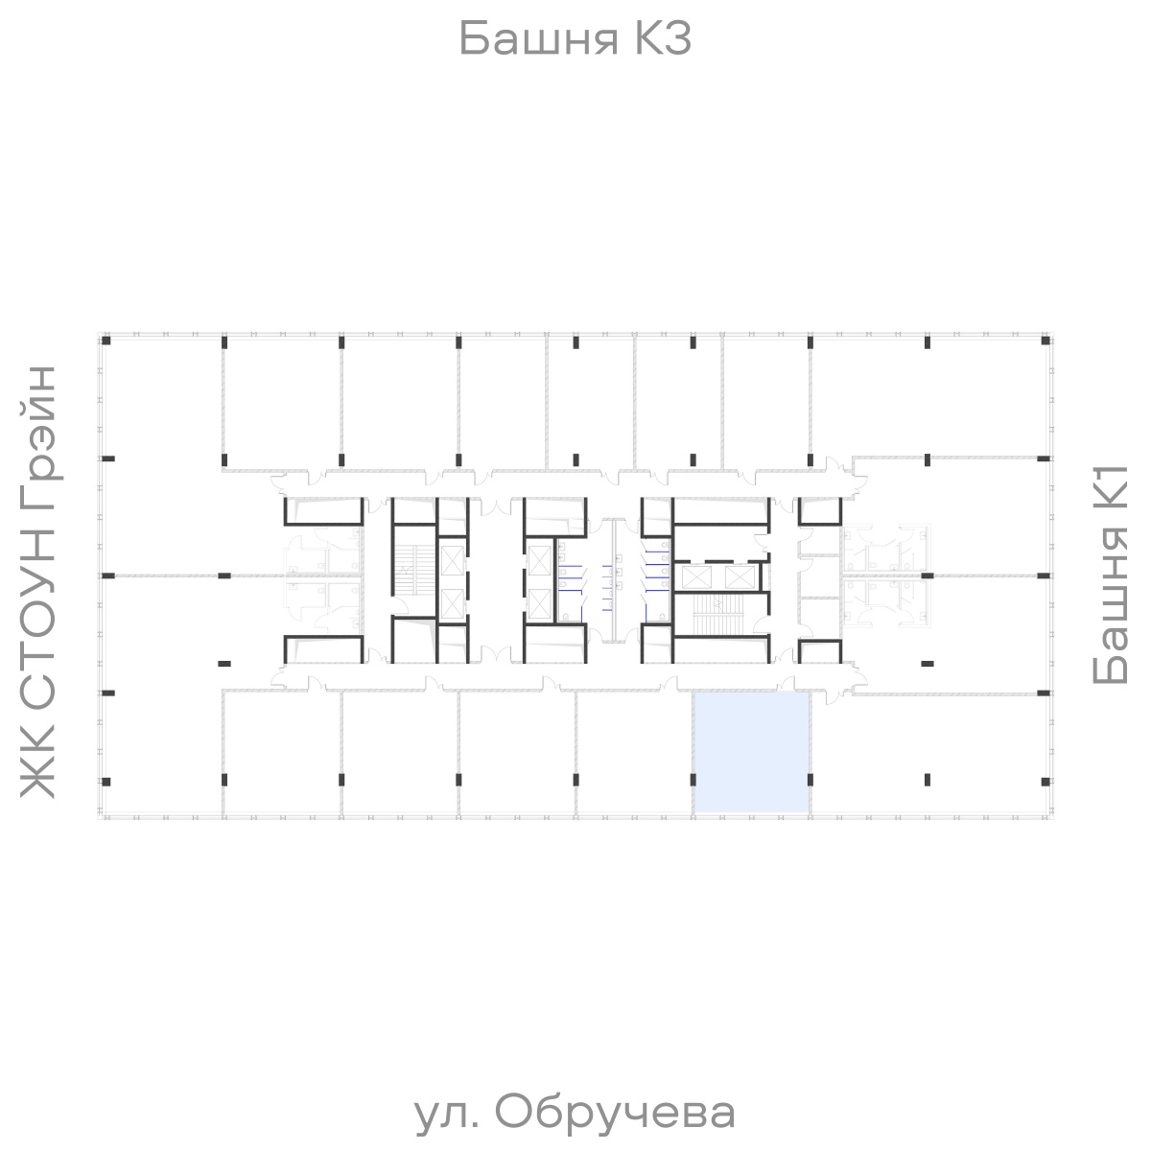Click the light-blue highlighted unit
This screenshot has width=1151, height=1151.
click(x=752, y=751)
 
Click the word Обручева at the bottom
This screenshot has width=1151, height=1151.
click(x=617, y=1113)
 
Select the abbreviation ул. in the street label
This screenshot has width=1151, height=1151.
click(x=444, y=1113)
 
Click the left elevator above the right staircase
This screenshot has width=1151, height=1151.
click(x=697, y=576)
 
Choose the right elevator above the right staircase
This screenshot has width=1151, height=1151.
click(x=740, y=576)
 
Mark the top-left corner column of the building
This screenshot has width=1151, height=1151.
click(x=106, y=341)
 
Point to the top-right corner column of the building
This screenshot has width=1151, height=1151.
click(x=1044, y=341)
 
